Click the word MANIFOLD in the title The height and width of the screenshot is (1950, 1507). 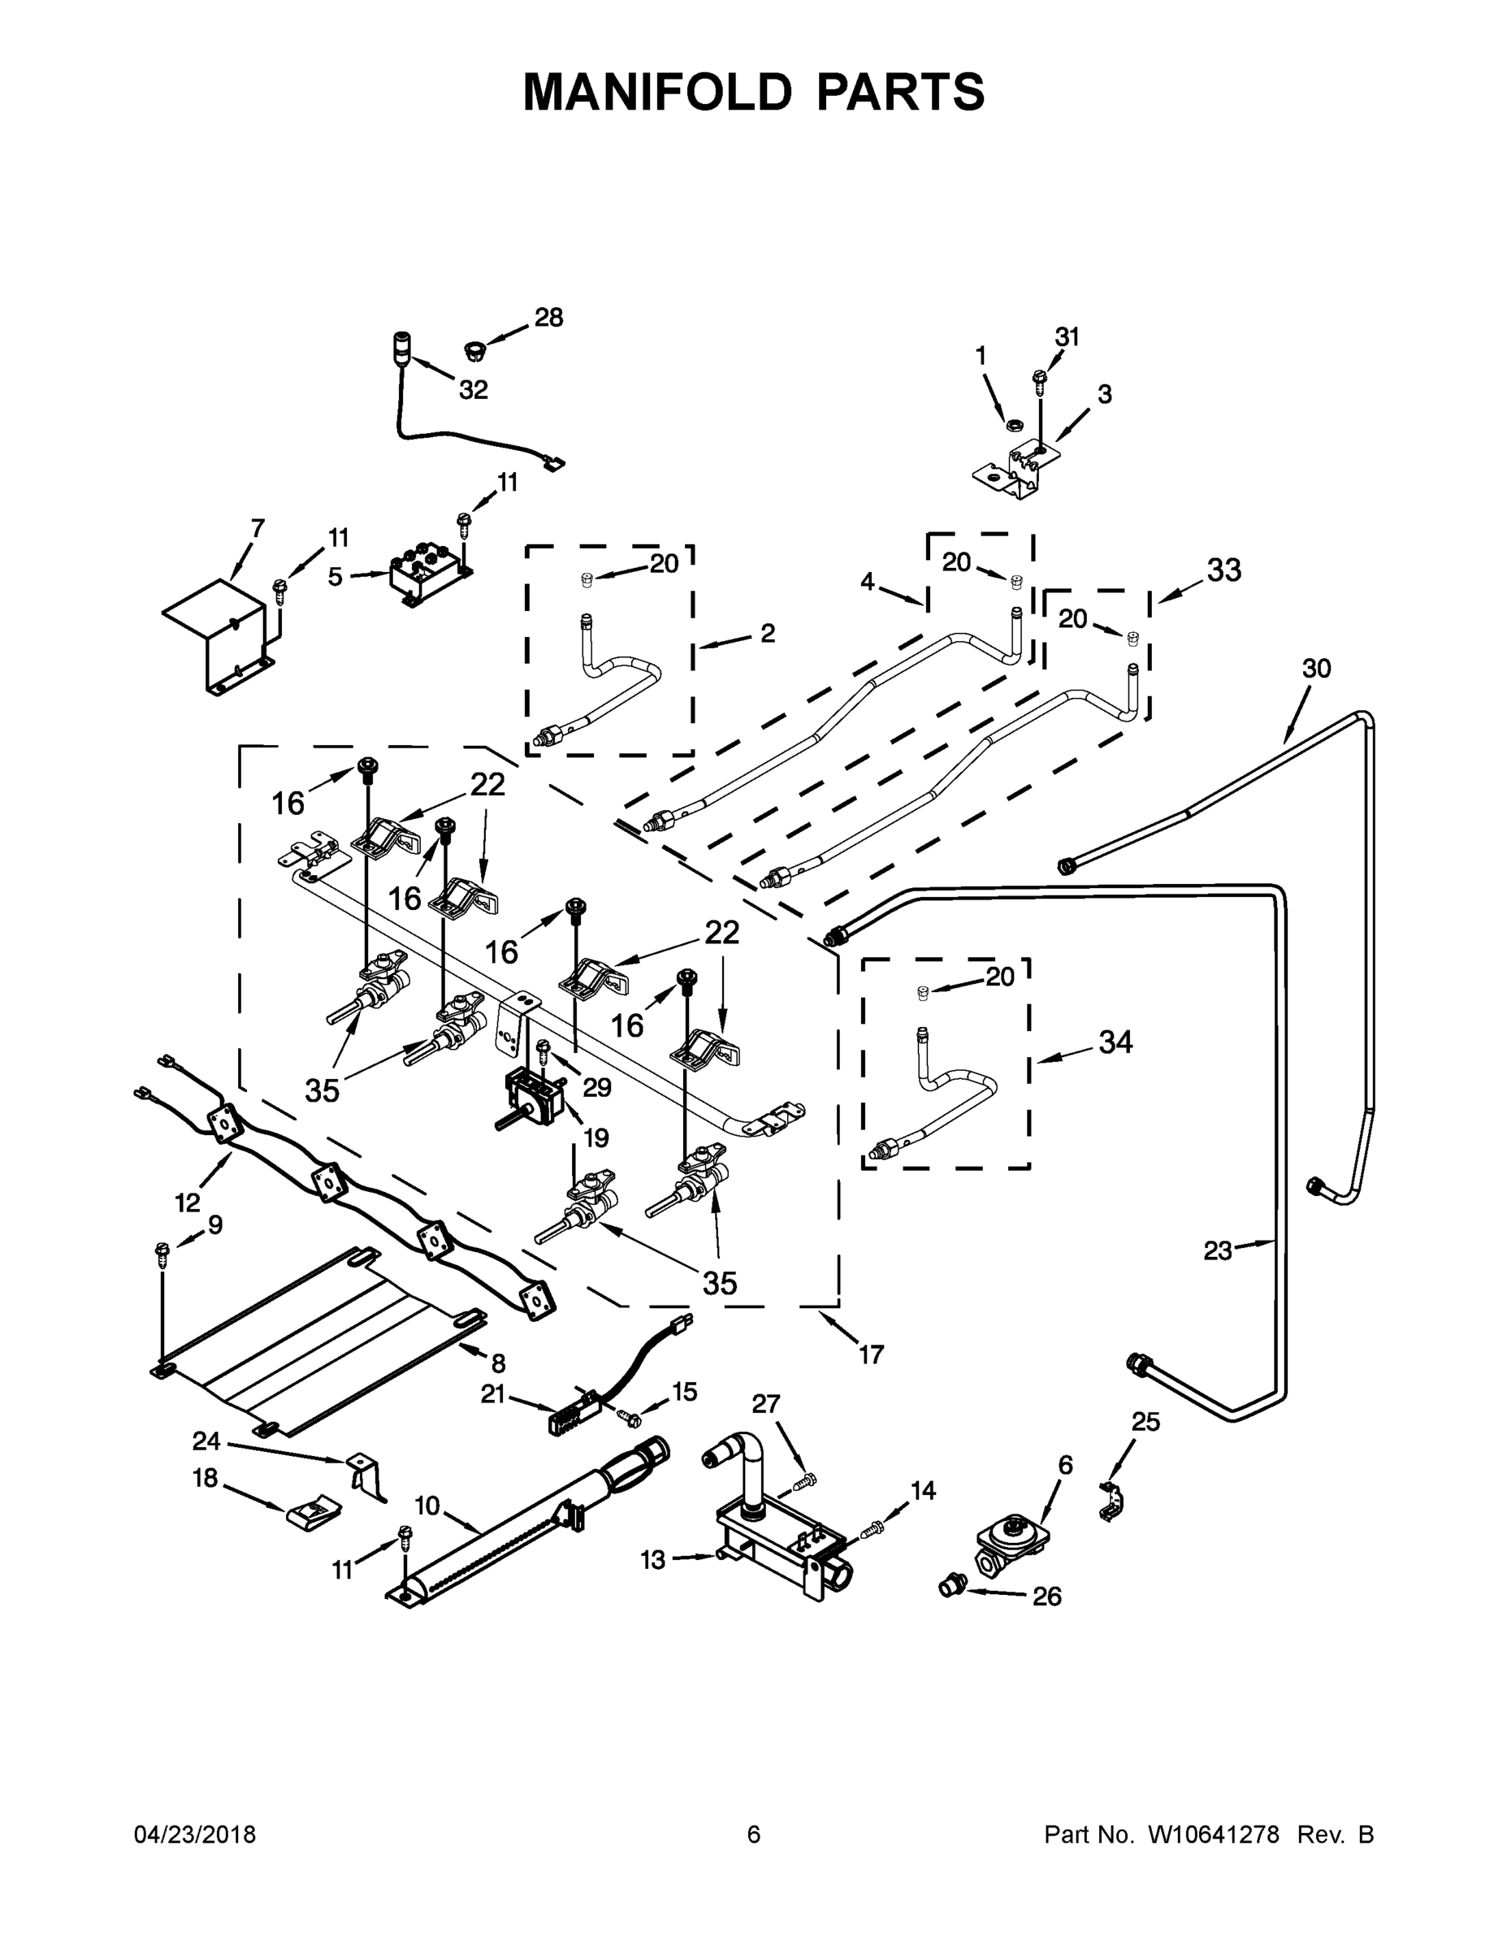coord(657,92)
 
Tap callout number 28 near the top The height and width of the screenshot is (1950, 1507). coord(549,317)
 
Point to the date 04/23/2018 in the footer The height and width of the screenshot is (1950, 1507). coord(195,1834)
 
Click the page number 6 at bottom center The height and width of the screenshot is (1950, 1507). coord(754,1834)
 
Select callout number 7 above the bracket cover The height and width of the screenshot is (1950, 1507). coord(258,529)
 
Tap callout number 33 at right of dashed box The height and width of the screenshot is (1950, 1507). coord(1224,570)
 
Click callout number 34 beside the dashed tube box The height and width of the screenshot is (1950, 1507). coord(1116,1041)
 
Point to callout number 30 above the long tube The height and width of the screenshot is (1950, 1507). coord(1316,668)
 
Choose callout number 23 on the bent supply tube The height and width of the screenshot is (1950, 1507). coord(1218,1251)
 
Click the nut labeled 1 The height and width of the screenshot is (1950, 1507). coord(1012,423)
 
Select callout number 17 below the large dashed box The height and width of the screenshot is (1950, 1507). coord(870,1354)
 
